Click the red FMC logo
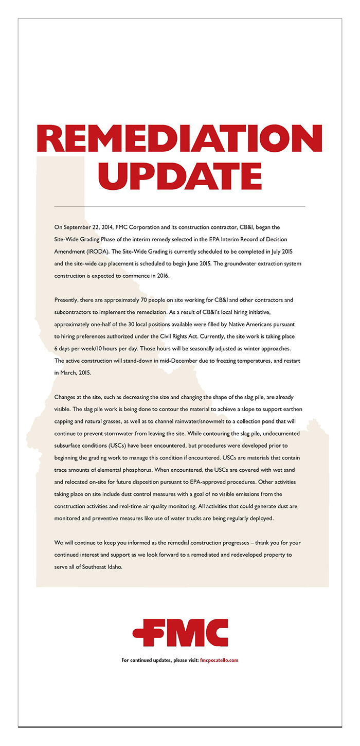click(179, 632)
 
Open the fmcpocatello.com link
click(219, 660)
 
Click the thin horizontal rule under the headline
click(179, 206)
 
